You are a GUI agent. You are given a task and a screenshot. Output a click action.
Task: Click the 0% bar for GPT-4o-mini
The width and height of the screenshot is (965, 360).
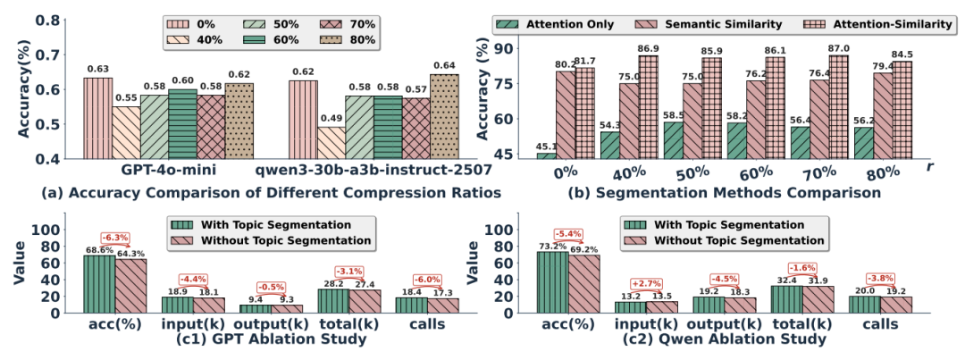(97, 118)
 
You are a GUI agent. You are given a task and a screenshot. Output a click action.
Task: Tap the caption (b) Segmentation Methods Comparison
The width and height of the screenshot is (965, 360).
(729, 190)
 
